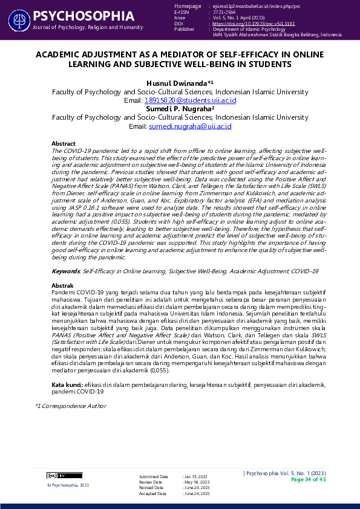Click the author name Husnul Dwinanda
coord(177,82)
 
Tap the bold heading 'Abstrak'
coord(62,285)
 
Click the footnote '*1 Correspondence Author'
coord(70,406)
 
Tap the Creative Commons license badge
coord(56,475)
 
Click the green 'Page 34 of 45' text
coord(309,479)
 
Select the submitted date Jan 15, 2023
coord(196,477)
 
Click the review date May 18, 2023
coord(197,482)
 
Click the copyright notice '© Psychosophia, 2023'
coord(68,485)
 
